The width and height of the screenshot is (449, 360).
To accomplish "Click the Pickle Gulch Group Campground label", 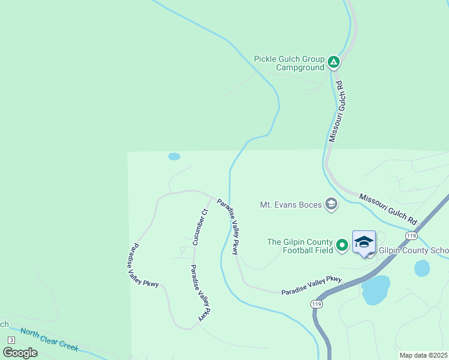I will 289,63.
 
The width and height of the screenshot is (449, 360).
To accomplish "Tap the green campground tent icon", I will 334,62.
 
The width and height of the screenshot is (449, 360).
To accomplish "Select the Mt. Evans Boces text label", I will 291,205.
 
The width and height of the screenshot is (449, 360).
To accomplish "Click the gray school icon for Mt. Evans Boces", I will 331,205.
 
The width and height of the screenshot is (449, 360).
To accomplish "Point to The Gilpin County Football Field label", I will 300,246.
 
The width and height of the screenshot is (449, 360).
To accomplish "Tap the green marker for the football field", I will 342,245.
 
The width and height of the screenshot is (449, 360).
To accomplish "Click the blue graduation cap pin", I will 364,242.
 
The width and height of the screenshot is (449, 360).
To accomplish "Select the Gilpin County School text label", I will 414,250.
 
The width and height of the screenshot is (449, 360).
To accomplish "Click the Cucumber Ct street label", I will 200,227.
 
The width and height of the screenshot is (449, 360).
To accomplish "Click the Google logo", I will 20,353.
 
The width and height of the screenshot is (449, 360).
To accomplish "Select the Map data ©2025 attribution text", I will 423,355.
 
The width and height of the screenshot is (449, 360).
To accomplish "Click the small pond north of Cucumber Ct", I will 174,157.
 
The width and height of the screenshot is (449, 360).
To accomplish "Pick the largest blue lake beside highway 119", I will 376,290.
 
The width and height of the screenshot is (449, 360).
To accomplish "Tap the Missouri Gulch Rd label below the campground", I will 339,112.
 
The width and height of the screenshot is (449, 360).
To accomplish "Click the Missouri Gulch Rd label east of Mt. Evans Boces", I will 388,209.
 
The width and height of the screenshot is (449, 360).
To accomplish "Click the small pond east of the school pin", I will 422,268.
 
